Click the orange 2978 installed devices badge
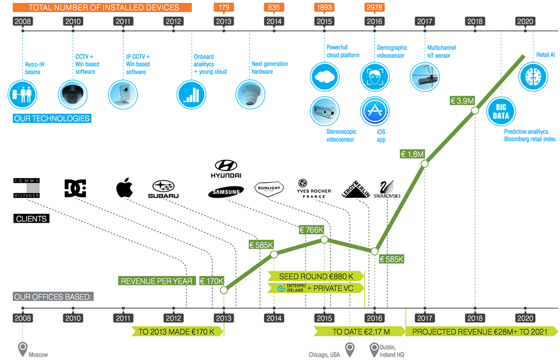click(x=374, y=8)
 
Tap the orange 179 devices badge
click(x=223, y=8)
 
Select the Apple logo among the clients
click(x=124, y=188)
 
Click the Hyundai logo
click(x=226, y=168)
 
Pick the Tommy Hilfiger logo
click(x=26, y=188)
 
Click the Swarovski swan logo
click(x=387, y=189)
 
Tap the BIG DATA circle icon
click(x=500, y=112)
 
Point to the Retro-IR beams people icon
click(x=22, y=95)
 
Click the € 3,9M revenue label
click(x=462, y=101)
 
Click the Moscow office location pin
click(x=23, y=349)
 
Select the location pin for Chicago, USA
click(x=350, y=349)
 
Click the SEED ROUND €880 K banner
click(x=317, y=276)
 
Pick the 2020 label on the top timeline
click(x=525, y=21)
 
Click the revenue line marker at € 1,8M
click(x=425, y=163)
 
